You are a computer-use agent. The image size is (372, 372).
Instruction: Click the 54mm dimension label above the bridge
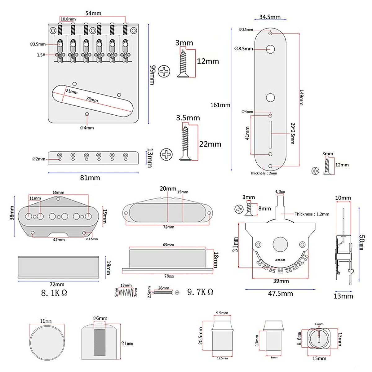(93, 13)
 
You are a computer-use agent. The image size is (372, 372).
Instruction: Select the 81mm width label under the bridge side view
(90, 178)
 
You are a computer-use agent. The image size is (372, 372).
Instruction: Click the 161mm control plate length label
(220, 105)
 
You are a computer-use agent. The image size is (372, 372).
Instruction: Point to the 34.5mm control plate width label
(270, 17)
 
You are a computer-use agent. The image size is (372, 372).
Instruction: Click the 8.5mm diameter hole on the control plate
(270, 49)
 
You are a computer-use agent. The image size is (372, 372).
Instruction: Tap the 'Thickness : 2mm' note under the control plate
(263, 173)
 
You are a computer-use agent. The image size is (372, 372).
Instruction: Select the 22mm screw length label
(210, 144)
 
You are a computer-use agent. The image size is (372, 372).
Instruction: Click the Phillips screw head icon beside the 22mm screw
(166, 154)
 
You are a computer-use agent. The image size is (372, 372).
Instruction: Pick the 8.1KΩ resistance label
(54, 293)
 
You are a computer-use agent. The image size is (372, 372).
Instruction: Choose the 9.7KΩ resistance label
(200, 292)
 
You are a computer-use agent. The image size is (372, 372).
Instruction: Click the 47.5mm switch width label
(280, 294)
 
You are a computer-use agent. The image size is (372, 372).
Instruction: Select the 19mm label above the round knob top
(46, 321)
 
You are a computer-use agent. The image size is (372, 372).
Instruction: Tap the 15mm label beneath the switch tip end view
(319, 358)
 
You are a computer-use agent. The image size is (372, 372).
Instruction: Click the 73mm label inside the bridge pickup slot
(92, 99)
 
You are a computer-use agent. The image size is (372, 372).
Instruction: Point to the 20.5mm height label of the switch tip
(200, 336)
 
